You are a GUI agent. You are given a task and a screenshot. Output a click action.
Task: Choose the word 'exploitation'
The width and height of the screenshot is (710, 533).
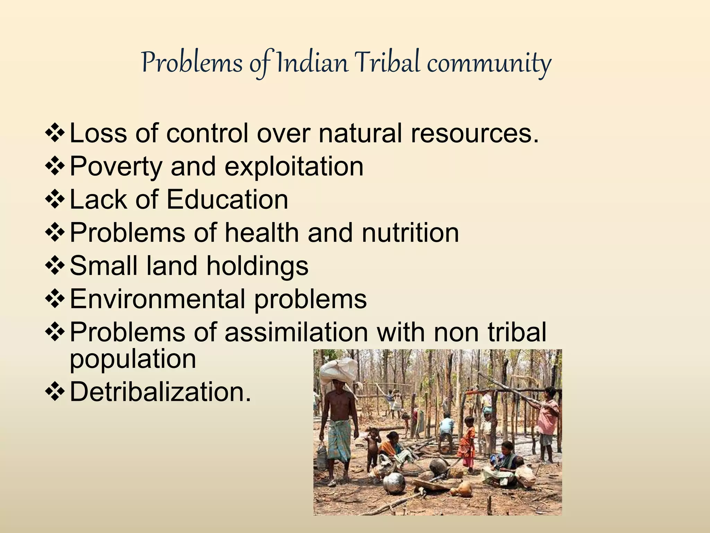[294, 167]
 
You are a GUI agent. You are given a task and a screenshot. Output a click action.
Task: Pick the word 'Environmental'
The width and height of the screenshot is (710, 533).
[158, 299]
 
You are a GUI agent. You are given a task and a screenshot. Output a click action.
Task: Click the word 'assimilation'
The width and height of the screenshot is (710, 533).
[296, 332]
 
